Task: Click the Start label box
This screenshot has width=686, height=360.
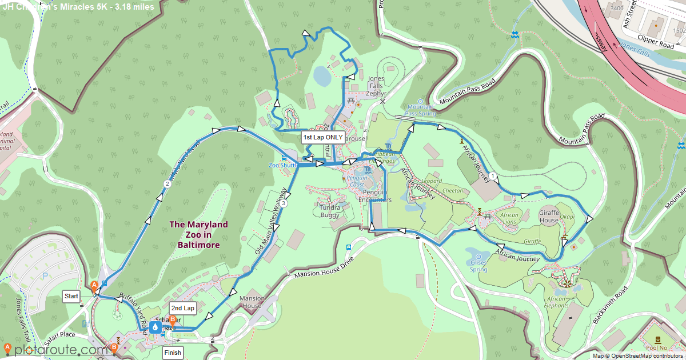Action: coord(71,296)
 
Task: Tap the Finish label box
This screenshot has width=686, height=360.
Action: coord(173,353)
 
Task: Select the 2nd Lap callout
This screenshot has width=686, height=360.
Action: coord(182,308)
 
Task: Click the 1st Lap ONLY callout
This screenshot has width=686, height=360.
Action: coord(323,137)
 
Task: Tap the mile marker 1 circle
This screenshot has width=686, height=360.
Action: coord(492,177)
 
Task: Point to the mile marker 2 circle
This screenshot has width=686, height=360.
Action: coord(167,184)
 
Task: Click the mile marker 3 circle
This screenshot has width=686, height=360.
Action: coord(284,203)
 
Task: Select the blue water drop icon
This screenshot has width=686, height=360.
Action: coord(155,327)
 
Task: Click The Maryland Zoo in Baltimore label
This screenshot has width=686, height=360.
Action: coord(198,234)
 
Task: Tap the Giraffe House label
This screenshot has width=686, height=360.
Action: coord(549,219)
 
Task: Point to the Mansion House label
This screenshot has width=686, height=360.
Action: coord(252,302)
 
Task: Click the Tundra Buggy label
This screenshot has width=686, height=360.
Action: coord(330,211)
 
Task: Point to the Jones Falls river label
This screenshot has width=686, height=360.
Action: coord(636,47)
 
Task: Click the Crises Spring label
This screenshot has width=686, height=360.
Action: coord(478,266)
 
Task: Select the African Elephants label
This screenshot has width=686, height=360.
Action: coord(557,302)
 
